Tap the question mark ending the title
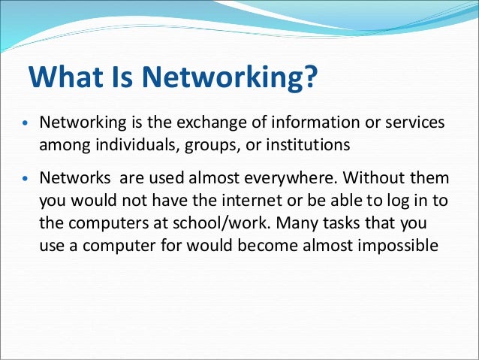(x=310, y=77)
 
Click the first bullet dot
(x=24, y=123)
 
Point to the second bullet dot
(x=24, y=181)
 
